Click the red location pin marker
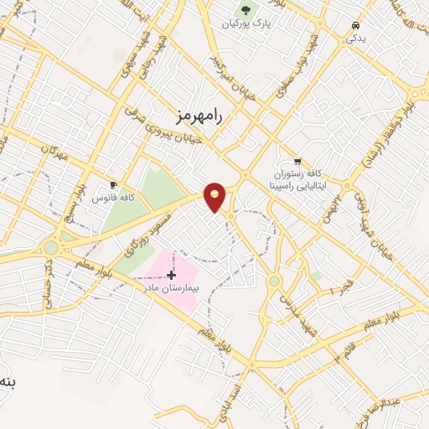click(215, 196)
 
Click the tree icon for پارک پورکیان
click(246, 10)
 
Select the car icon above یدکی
click(357, 25)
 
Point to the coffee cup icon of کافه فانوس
click(114, 184)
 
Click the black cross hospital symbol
click(171, 275)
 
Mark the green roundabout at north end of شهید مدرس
click(273, 281)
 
